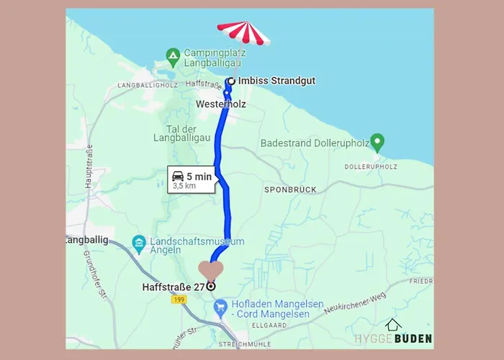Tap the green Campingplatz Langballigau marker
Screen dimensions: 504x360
[x=172, y=54]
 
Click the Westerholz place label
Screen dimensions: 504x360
[x=221, y=104]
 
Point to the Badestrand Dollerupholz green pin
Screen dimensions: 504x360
[x=376, y=141]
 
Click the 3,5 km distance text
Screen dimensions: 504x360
[x=184, y=186]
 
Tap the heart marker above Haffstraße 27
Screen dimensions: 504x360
[x=210, y=271]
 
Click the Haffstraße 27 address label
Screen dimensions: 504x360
[x=174, y=287]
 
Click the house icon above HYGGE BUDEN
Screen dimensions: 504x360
[x=392, y=325]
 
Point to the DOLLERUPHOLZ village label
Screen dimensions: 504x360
[x=371, y=167]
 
